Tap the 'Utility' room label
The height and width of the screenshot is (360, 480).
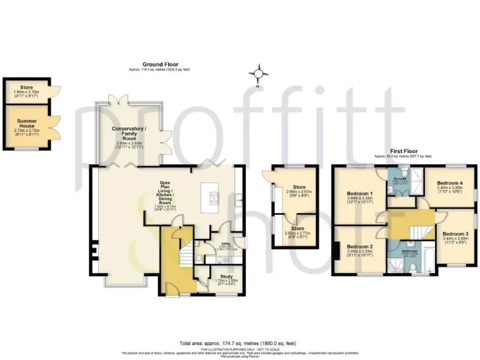tap(226, 244)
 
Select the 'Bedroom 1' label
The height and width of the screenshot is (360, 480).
tap(360, 194)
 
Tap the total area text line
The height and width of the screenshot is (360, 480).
tap(239, 343)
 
